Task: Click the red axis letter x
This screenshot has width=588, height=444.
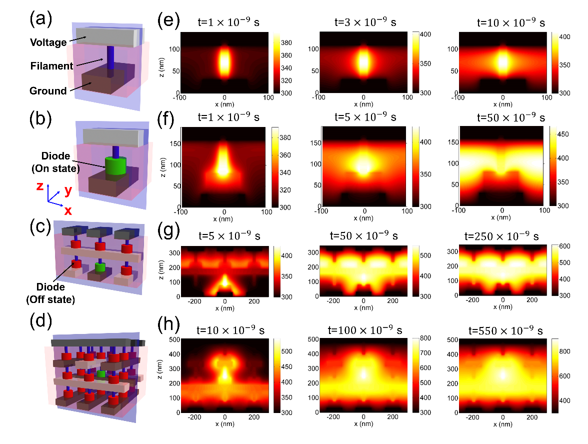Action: coord(67,210)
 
